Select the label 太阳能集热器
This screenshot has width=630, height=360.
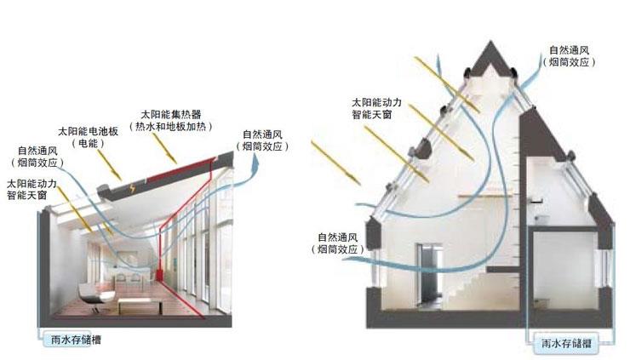[169, 112]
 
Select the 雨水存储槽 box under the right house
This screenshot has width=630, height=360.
[568, 345]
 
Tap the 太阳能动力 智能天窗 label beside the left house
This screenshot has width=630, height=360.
[32, 188]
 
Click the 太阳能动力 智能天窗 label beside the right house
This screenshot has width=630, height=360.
[377, 106]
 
